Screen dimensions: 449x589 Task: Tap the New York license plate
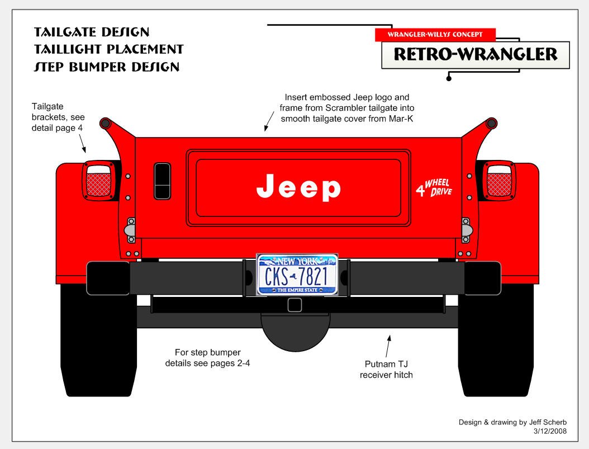click(297, 274)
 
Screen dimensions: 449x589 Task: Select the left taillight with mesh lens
click(100, 181)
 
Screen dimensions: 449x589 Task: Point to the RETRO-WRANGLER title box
click(475, 55)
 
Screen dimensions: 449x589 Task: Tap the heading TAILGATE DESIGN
click(92, 31)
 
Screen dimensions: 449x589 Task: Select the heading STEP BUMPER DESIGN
click(107, 67)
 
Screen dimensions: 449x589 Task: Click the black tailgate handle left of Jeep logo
click(163, 181)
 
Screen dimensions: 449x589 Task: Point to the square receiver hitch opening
click(294, 305)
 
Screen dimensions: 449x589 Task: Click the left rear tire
click(98, 347)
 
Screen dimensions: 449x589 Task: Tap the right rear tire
click(495, 347)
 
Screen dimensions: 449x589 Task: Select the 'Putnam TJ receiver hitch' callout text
click(386, 369)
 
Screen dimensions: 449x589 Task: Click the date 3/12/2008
click(550, 431)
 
